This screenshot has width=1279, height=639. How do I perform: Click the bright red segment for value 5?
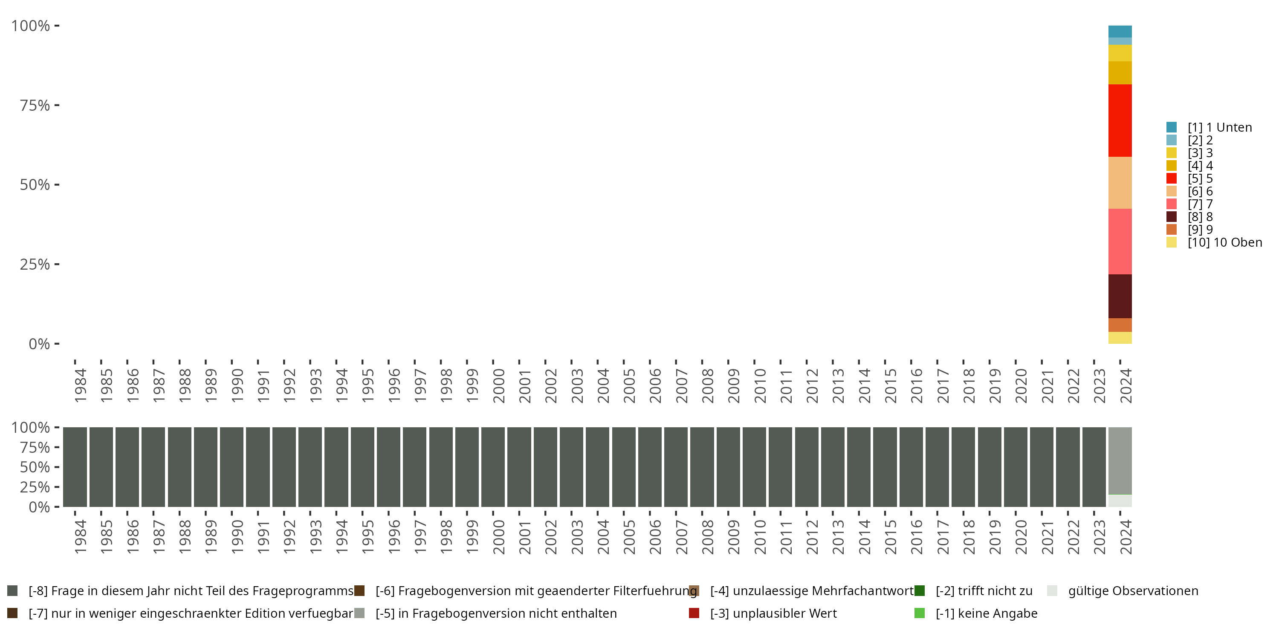[1120, 121]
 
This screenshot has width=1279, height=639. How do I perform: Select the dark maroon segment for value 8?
[1120, 296]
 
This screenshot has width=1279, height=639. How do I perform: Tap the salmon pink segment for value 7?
[1120, 242]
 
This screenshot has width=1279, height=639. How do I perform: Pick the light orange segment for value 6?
[1120, 183]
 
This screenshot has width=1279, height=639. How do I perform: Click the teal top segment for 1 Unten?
[1120, 31]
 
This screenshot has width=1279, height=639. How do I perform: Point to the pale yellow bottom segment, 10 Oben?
[1120, 338]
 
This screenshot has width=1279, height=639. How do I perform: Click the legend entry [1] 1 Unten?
[1219, 127]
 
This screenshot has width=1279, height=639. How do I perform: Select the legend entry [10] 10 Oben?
[1224, 242]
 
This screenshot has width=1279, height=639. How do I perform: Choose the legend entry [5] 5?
[1200, 178]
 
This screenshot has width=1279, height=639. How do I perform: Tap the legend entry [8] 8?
[1200, 217]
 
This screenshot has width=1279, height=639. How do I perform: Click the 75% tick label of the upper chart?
[35, 105]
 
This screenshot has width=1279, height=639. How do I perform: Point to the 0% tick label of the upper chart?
[39, 344]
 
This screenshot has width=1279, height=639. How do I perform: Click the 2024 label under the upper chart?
[1126, 386]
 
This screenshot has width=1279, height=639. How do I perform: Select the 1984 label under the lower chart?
[81, 537]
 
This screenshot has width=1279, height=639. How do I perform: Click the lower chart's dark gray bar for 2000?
[493, 467]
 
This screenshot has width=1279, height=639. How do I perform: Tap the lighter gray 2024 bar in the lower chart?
[1120, 461]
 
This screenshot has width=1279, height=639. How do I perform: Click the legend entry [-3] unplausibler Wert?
[773, 614]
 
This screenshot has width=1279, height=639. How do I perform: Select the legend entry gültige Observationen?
[1132, 591]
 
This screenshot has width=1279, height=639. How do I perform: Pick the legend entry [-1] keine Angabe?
[986, 614]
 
